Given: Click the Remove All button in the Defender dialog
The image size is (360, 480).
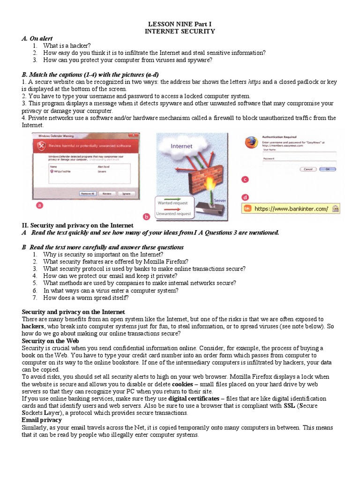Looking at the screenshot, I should (88, 193).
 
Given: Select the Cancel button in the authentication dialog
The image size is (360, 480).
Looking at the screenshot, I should (308, 169).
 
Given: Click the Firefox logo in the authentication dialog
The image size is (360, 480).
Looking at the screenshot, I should (251, 143).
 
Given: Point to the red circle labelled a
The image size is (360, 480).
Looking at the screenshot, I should (40, 205).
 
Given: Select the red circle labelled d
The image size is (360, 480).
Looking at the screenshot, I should (244, 197).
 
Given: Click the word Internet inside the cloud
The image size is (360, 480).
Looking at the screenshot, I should (181, 146).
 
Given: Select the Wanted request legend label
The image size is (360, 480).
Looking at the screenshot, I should (172, 203).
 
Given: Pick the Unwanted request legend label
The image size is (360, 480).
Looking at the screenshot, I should (174, 214).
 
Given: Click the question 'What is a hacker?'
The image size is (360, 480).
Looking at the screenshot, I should (63, 45).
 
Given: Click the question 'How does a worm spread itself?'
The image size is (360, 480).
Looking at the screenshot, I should (86, 298).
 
